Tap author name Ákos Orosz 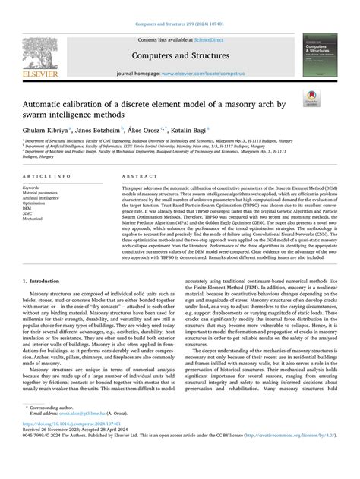click(x=169, y=131)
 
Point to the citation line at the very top click(x=179, y=26)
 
